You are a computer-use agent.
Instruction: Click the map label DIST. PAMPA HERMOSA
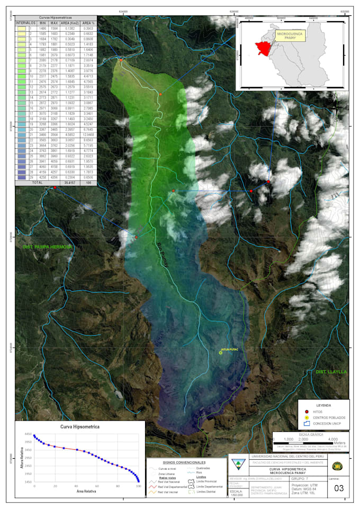[x=47, y=247]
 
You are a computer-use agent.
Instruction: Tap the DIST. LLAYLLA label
[x=331, y=372]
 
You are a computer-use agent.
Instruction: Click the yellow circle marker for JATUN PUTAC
[x=221, y=353]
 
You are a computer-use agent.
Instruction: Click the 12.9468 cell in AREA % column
[x=89, y=135]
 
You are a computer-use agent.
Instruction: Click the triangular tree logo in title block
[x=238, y=464]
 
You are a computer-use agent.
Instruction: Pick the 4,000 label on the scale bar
[x=333, y=439]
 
